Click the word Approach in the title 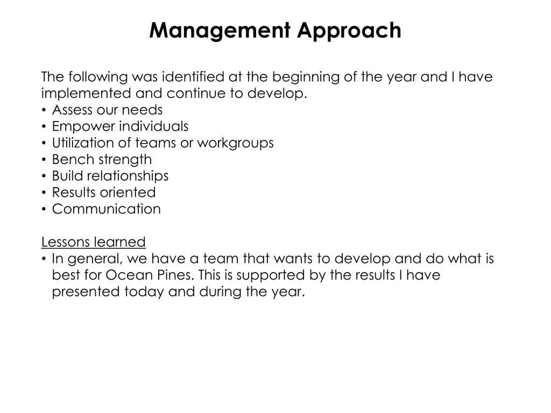tap(349, 31)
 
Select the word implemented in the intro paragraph tap(86, 94)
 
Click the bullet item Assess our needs tap(107, 110)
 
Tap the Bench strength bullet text tap(102, 160)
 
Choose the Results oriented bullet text tap(103, 193)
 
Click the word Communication tap(106, 209)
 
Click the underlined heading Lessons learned tap(94, 242)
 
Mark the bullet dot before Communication tap(44, 209)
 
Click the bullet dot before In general tap(44, 259)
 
